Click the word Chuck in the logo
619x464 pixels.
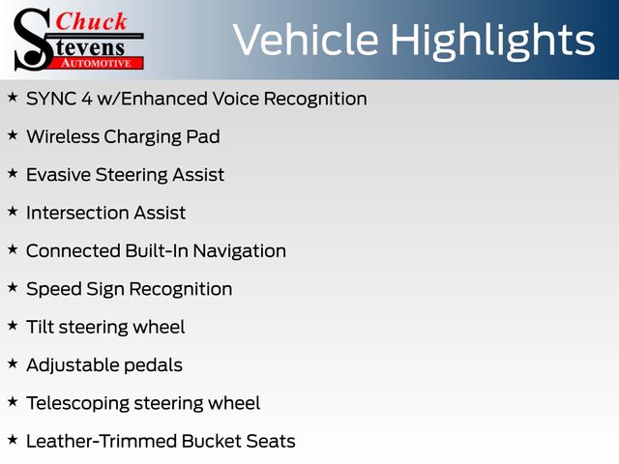(x=91, y=21)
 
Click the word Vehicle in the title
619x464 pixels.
(x=306, y=40)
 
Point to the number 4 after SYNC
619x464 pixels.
(x=87, y=99)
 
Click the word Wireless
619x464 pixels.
(x=63, y=136)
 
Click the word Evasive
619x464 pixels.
(x=58, y=175)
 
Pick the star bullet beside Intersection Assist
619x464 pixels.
(x=13, y=211)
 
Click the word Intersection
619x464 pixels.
(x=77, y=213)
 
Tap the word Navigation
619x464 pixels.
(x=239, y=251)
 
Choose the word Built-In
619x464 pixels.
(x=157, y=251)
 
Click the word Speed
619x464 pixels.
(x=54, y=289)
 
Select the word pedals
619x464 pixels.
(x=153, y=365)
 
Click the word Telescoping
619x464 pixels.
(x=77, y=404)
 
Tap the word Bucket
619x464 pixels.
(x=212, y=441)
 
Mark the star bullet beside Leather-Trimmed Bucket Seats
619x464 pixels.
(x=13, y=440)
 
